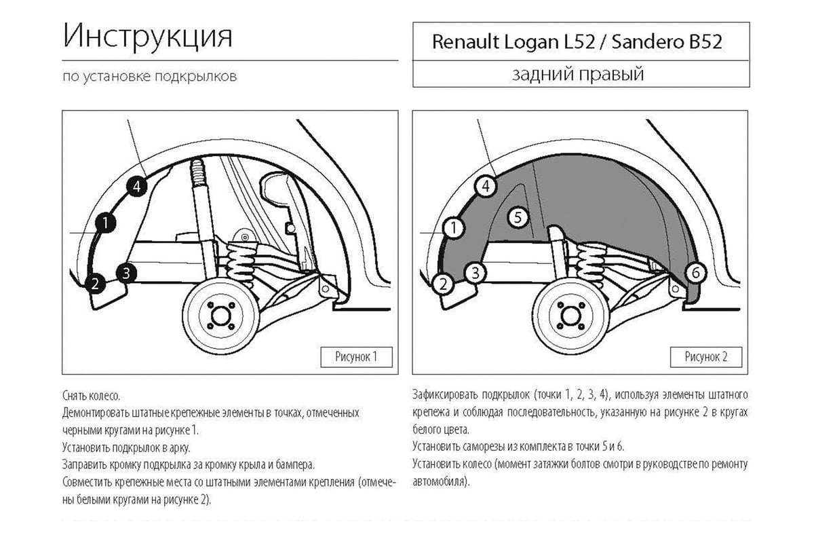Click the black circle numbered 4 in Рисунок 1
coord(136,187)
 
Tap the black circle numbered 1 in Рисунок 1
coord(105,223)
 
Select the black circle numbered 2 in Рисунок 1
coord(95,283)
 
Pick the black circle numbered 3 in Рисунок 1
coord(126,273)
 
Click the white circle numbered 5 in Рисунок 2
coord(518,217)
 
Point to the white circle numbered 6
coord(695,272)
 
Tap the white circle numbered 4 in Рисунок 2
coord(486,186)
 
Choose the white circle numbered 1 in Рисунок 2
coord(454,228)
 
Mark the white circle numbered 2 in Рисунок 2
coord(444,284)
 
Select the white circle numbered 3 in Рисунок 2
coord(476,273)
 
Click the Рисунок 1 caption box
coord(356,357)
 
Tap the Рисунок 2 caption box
coord(705,357)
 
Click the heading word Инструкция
coord(148,37)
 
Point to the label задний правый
coord(578,74)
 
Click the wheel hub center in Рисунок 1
coord(220,316)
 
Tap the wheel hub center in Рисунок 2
coord(570,316)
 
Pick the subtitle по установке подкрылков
coord(150,77)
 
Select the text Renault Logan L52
coord(513,42)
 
